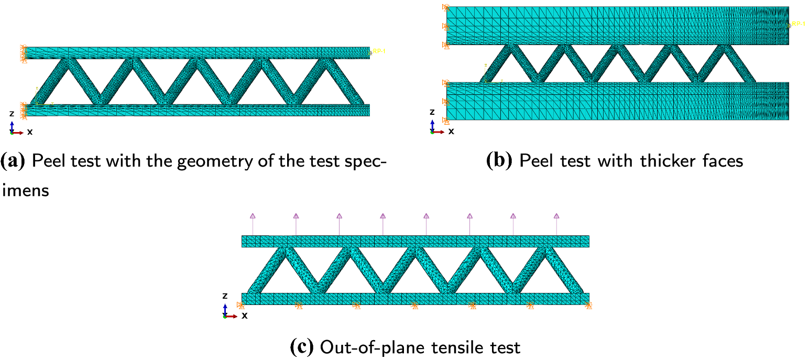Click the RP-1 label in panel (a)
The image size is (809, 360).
(x=378, y=51)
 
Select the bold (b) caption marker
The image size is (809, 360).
(x=500, y=160)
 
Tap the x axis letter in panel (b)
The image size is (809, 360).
(x=451, y=131)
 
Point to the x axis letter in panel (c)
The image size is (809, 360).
(x=244, y=315)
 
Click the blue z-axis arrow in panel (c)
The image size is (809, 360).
(x=225, y=308)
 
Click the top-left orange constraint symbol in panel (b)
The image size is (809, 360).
(x=446, y=7)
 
